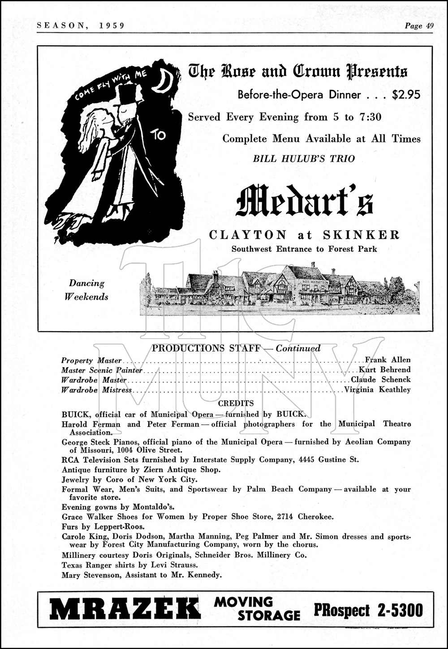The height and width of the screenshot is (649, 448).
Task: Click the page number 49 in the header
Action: click(429, 26)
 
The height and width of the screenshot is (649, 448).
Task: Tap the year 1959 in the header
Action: click(110, 26)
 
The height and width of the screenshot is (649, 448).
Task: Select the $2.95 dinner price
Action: click(406, 94)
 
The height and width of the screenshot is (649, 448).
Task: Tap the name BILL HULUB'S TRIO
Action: click(304, 158)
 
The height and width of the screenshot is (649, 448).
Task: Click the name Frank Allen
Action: click(388, 360)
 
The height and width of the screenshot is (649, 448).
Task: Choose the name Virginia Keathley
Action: click(377, 390)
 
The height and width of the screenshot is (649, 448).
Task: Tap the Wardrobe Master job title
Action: click(94, 380)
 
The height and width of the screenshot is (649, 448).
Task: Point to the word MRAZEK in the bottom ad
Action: click(125, 610)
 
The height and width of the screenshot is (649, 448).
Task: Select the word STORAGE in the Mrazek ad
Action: click(268, 616)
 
